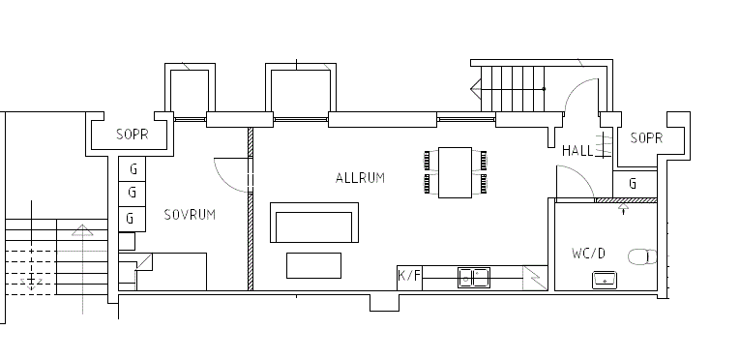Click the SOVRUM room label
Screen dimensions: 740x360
coord(190,215)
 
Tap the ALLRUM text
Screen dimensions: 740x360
coord(360,178)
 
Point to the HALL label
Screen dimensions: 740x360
coord(577,151)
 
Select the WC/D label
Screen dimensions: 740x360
coord(588,254)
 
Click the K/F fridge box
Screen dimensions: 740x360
coord(409,278)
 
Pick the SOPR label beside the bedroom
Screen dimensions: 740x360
coord(133,135)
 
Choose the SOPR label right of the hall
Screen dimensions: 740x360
coord(646,138)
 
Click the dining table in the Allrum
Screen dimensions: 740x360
coord(455,172)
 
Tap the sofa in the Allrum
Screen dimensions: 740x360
coord(314,223)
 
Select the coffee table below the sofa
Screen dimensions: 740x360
coord(313,265)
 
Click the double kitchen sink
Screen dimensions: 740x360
coord(474,278)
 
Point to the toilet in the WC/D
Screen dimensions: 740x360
coord(642,257)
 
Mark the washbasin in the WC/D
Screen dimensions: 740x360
coord(605,280)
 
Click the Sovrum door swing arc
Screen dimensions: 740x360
coord(222,182)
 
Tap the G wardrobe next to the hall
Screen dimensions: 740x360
coord(635,184)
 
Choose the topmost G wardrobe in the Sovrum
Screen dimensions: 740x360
coord(133,168)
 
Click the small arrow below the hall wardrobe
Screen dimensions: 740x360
coord(623,209)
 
